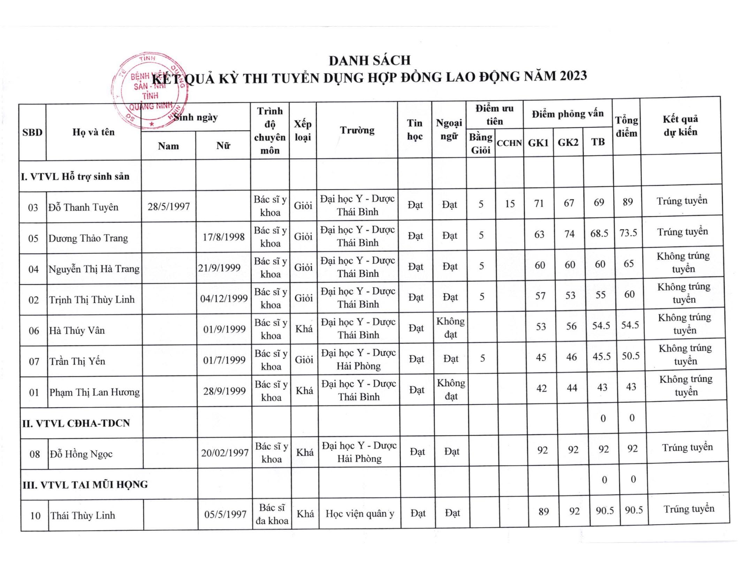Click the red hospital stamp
(x=150, y=91)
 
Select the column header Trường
(x=357, y=130)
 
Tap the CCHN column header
(x=509, y=143)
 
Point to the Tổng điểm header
(x=626, y=127)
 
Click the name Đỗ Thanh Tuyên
(x=83, y=207)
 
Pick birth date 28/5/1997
(x=169, y=206)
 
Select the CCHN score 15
(x=510, y=204)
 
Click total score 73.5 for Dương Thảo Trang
(x=628, y=233)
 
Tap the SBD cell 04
(x=33, y=269)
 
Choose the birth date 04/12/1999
(x=224, y=298)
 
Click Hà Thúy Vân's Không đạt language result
(x=450, y=328)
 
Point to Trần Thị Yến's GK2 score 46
(x=571, y=357)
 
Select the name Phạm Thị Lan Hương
(x=94, y=392)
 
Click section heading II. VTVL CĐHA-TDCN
(x=76, y=423)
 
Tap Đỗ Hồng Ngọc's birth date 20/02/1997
(x=225, y=453)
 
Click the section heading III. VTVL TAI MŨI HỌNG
(x=85, y=485)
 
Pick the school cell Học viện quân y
(x=360, y=514)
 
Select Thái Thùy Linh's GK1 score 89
(x=543, y=511)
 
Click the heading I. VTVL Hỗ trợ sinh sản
(x=75, y=176)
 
